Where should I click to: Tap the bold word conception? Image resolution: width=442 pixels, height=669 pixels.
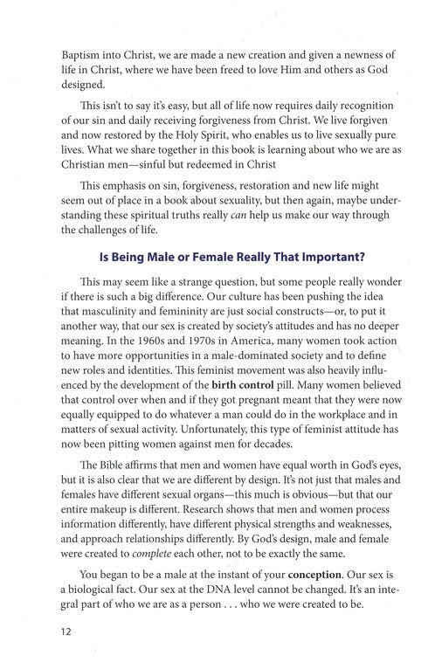coord(324,576)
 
